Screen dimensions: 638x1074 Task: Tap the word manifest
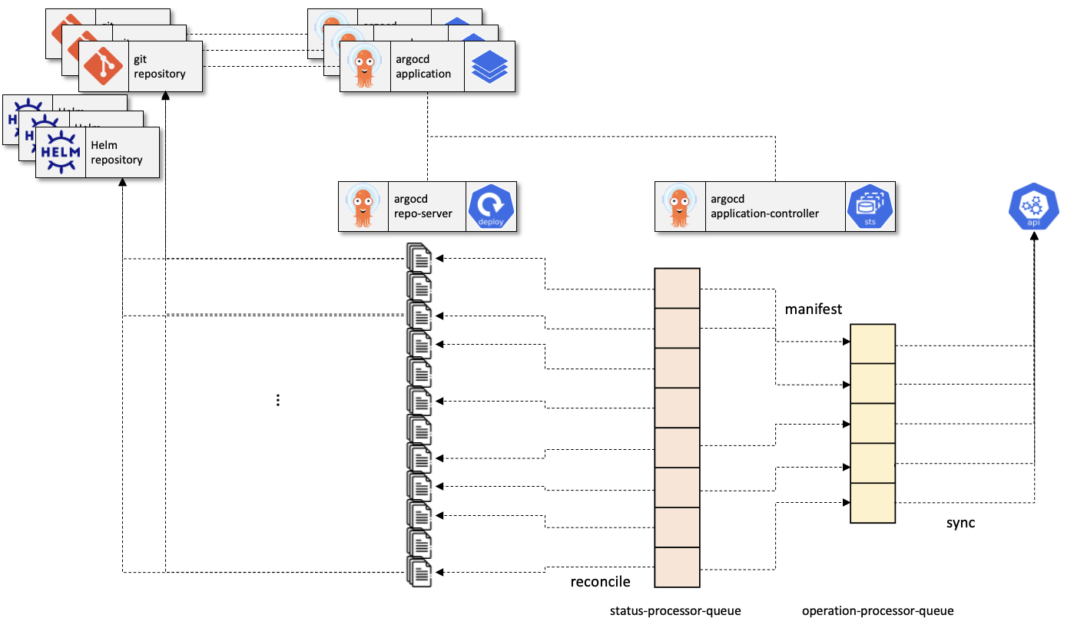click(x=814, y=309)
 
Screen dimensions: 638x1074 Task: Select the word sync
click(x=960, y=523)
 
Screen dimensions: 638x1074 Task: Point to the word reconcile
click(x=600, y=582)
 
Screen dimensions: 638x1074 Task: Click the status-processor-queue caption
click(x=675, y=612)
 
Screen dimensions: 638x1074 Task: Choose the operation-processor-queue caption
click(x=877, y=612)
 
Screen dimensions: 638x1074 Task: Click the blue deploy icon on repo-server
click(x=490, y=207)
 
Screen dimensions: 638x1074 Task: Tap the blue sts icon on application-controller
click(x=870, y=207)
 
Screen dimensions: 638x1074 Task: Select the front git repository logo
click(x=104, y=66)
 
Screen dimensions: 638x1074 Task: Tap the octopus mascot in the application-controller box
click(x=680, y=206)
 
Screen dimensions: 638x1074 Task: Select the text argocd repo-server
click(x=423, y=207)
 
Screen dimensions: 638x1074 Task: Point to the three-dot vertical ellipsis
click(x=278, y=400)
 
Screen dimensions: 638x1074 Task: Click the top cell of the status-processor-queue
click(x=677, y=288)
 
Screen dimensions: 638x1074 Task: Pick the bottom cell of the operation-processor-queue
click(x=873, y=503)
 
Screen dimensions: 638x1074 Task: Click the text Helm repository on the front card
click(x=117, y=153)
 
